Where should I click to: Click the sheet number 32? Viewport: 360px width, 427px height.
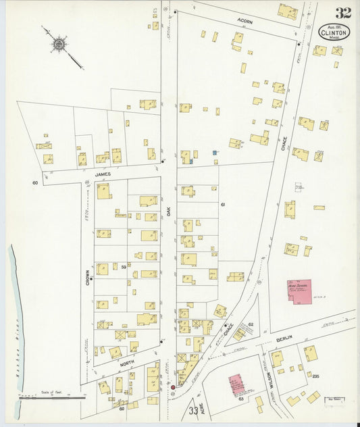click(342, 13)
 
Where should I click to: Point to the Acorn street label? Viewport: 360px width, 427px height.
click(244, 20)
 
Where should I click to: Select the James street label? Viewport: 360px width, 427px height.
click(102, 174)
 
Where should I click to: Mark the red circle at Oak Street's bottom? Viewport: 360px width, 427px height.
click(173, 388)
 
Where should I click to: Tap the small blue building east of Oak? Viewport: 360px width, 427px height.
click(214, 153)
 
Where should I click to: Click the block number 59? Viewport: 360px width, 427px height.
click(124, 268)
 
